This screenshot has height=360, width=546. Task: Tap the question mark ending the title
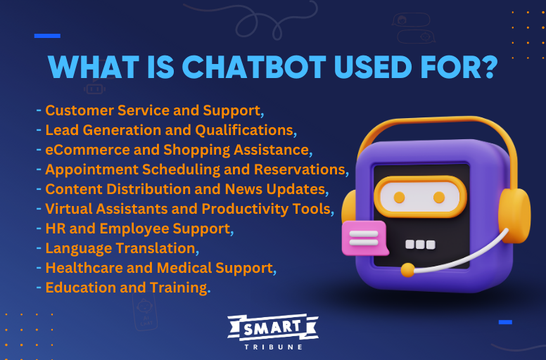488,68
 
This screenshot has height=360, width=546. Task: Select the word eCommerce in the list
77,150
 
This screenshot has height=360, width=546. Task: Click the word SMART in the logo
273,328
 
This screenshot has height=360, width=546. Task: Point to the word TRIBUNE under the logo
273,347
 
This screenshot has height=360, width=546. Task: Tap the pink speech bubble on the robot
363,238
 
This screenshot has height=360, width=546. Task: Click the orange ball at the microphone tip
407,269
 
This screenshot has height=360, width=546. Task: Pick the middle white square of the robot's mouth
420,245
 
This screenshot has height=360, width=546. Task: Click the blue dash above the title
47,36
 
